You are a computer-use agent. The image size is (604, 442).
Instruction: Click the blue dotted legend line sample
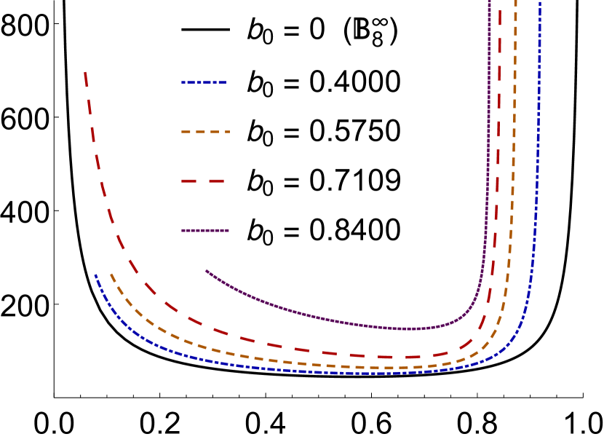(204, 83)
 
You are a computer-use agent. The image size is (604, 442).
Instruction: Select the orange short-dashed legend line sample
(205, 132)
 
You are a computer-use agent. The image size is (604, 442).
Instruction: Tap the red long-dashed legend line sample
(203, 181)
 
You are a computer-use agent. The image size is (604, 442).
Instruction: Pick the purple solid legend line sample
(205, 230)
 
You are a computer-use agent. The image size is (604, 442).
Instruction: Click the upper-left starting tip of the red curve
(86, 73)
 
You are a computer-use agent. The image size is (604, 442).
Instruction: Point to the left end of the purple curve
(207, 271)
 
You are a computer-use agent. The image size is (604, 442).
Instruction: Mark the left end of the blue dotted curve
(95, 275)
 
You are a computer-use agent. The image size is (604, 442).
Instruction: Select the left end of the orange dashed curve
(111, 275)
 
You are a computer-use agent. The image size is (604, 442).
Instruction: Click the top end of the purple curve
(489, 2)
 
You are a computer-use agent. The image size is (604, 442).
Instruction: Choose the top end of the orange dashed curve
(515, 2)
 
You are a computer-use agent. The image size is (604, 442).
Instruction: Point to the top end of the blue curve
(540, 3)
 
